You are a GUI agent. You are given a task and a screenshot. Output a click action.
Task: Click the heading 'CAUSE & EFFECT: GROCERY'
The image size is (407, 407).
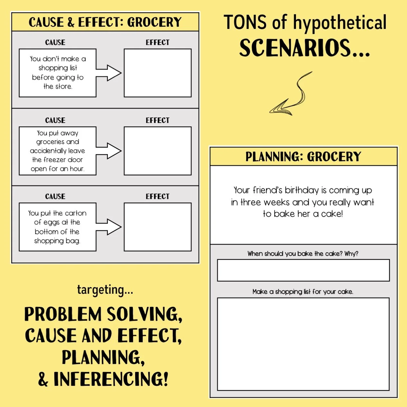[x=105, y=22]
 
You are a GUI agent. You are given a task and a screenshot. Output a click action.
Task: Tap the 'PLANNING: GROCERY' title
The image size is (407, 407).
[x=303, y=157]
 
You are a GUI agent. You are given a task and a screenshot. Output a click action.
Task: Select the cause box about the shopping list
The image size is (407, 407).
[x=58, y=73]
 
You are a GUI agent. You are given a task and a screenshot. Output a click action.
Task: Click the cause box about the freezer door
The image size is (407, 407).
[x=58, y=151]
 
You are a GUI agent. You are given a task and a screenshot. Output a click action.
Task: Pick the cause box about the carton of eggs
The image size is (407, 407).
[x=58, y=227]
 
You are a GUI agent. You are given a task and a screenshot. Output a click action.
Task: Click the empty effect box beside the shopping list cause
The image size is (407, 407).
[x=158, y=73]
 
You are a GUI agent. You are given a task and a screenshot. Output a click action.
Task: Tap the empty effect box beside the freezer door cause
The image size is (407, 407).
[x=158, y=151]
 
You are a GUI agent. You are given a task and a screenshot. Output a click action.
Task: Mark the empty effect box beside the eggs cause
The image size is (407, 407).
[x=158, y=227]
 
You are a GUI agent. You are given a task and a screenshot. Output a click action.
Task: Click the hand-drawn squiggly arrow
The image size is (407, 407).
[x=291, y=95]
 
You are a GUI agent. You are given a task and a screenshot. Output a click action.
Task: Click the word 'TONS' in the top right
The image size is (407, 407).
[x=245, y=23]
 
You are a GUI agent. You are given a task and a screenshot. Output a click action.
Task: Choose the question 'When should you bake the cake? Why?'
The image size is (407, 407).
[x=303, y=254]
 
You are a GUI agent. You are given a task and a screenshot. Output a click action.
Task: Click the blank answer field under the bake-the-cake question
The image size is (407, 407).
[x=303, y=270]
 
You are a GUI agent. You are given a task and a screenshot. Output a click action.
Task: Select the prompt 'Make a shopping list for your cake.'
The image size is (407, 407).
[x=303, y=291]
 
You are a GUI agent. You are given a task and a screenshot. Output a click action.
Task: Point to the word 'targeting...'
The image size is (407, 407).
[x=105, y=290]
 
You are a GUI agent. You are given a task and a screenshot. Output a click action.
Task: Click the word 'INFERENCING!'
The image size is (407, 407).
[x=111, y=379]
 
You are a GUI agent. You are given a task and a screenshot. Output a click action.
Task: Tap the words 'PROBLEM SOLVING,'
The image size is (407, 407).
[x=104, y=314]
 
